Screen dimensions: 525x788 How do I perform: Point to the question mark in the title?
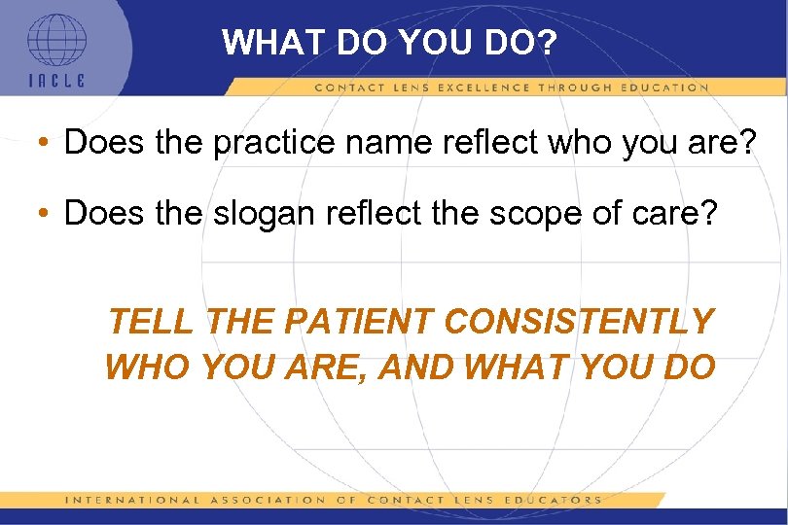544,44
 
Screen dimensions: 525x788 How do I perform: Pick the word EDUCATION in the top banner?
661,87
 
